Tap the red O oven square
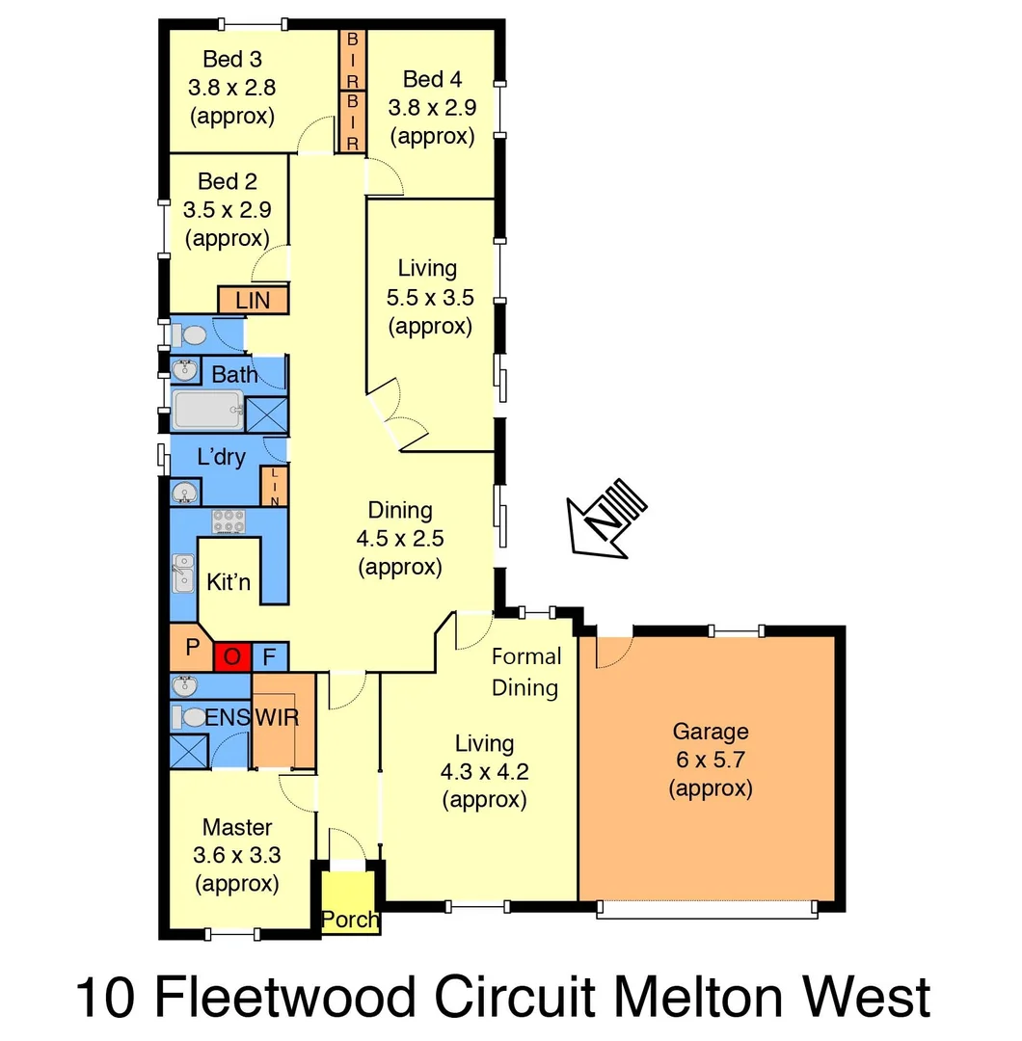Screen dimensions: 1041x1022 point(231,657)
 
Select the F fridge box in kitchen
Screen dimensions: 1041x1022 point(270,657)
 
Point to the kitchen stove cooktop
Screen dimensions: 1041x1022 point(229,521)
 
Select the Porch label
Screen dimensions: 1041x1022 point(350,920)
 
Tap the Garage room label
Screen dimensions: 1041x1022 point(710,732)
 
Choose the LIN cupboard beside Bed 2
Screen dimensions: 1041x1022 point(254,301)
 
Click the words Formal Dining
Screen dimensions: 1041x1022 point(525,672)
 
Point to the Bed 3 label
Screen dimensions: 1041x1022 point(232,60)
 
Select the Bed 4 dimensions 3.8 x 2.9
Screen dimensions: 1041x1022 point(432,107)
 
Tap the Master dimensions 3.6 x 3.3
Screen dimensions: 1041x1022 point(236,855)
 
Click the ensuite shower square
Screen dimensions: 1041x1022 point(189,749)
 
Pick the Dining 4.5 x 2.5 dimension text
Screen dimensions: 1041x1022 point(399,539)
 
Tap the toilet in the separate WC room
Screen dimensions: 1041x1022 point(191,335)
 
